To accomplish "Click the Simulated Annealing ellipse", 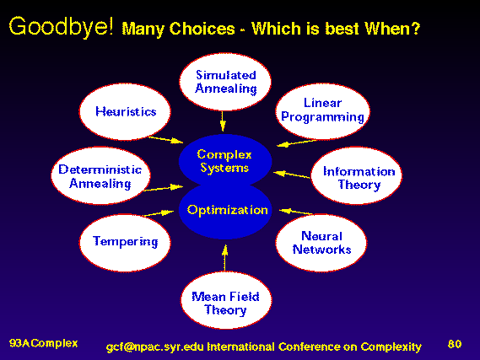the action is (225, 82).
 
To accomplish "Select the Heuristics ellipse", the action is (125, 112).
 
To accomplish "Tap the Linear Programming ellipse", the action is (322, 111).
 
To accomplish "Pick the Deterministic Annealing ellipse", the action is (100, 175).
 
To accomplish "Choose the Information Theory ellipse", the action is (356, 175).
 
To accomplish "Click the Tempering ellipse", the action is (125, 243).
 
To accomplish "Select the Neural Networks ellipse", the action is (321, 243).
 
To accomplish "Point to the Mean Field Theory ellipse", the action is (226, 300).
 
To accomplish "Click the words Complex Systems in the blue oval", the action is (224, 161).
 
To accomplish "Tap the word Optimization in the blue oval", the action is (228, 211).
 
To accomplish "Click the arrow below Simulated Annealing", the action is (223, 121).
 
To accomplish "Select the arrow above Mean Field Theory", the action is (225, 258).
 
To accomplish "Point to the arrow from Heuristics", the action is (165, 140).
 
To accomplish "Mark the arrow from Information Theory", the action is (292, 175).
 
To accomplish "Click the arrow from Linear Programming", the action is (296, 143).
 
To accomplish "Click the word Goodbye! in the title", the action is (62, 27).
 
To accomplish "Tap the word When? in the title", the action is (392, 29).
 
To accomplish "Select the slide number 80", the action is (455, 344).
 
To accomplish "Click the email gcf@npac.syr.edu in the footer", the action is (155, 347).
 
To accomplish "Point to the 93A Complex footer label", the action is (44, 343).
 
